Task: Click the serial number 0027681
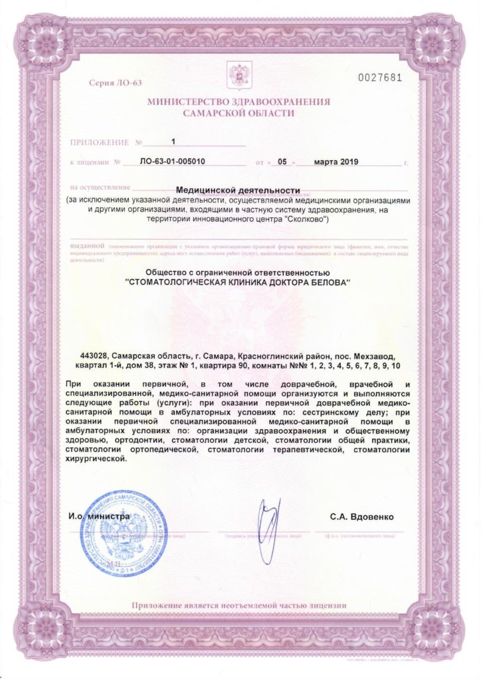click(379, 78)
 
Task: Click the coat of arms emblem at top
click(235, 76)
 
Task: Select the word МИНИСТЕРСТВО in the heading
click(189, 102)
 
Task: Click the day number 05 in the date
click(281, 161)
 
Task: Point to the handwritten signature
click(266, 517)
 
